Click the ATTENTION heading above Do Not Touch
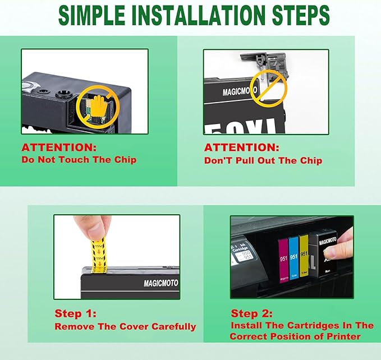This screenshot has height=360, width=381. pyautogui.click(x=59, y=148)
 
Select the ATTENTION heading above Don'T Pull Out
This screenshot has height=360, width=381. pyautogui.click(x=241, y=148)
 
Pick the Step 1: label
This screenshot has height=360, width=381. pyautogui.click(x=75, y=313)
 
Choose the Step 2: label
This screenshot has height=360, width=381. pyautogui.click(x=252, y=313)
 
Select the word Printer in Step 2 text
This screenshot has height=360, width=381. pyautogui.click(x=344, y=336)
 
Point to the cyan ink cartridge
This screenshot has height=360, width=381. pyautogui.click(x=294, y=259)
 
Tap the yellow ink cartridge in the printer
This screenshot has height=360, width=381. pyautogui.click(x=304, y=259)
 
